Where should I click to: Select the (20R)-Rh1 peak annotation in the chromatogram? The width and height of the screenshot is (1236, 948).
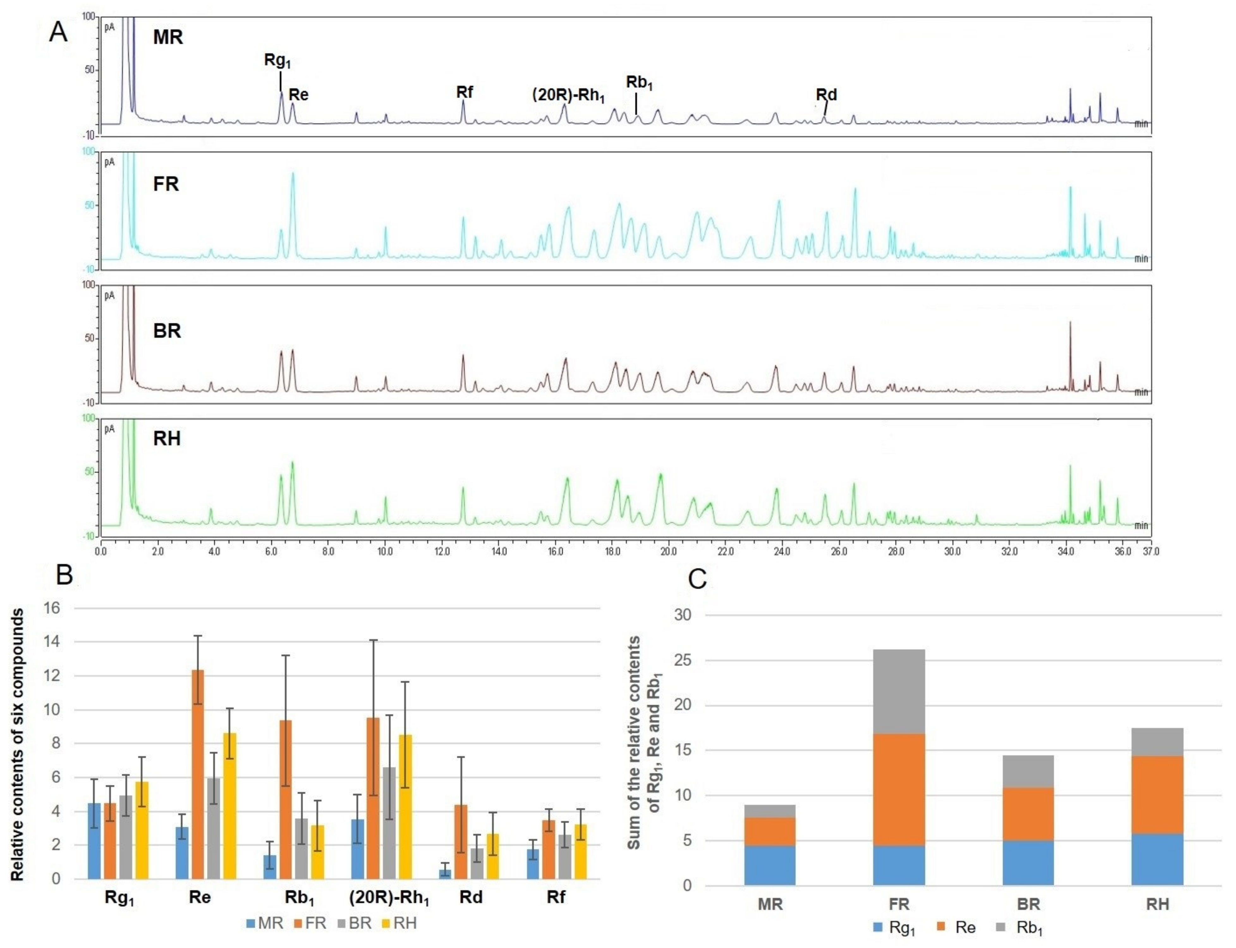[x=568, y=95]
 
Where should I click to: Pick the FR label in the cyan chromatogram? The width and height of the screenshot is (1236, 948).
[x=166, y=184]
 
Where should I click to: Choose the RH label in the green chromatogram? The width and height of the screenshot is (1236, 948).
[x=167, y=439]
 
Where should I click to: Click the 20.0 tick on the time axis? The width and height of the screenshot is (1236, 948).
[x=669, y=551]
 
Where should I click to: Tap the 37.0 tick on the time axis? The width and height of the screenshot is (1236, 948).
[x=1151, y=551]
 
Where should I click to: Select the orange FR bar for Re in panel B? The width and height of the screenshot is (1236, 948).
[x=198, y=774]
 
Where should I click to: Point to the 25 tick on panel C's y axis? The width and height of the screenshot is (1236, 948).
[x=683, y=660]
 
